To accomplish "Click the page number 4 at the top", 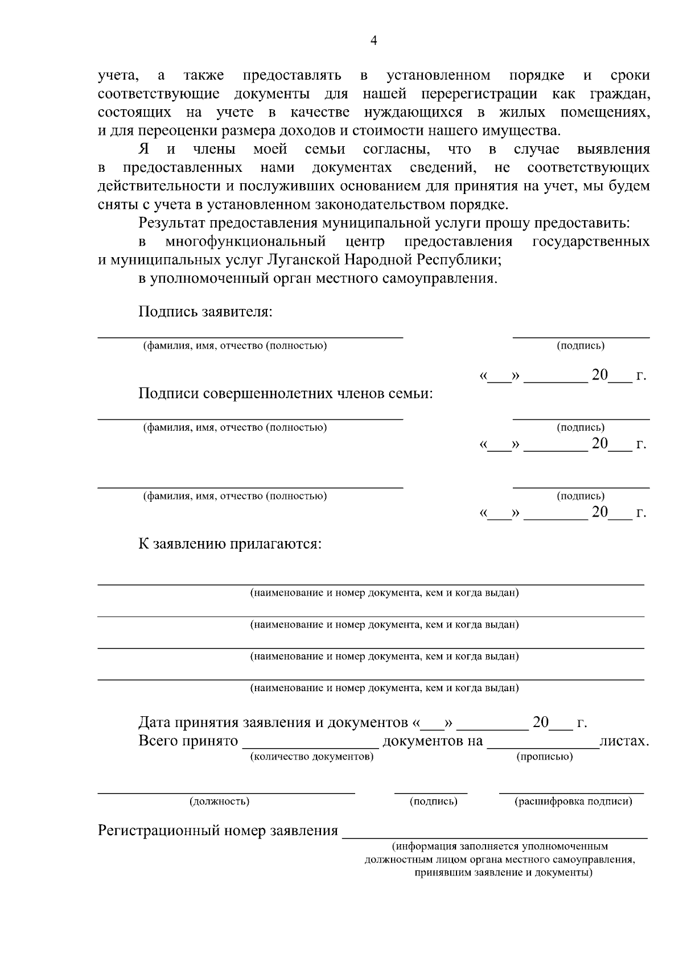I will pyautogui.click(x=373, y=40).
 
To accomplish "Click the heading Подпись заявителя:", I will pyautogui.click(x=205, y=312).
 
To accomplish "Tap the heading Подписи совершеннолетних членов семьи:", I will pyautogui.click(x=286, y=394).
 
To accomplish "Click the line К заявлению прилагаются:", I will pyautogui.click(x=230, y=544).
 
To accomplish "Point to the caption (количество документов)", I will pyautogui.click(x=311, y=757).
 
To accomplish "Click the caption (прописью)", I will pyautogui.click(x=544, y=757).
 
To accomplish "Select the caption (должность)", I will pyautogui.click(x=219, y=802).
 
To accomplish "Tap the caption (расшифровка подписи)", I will pyautogui.click(x=573, y=802).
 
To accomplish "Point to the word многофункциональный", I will pyautogui.click(x=245, y=242).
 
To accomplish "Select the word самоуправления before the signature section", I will pyautogui.click(x=447, y=279).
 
